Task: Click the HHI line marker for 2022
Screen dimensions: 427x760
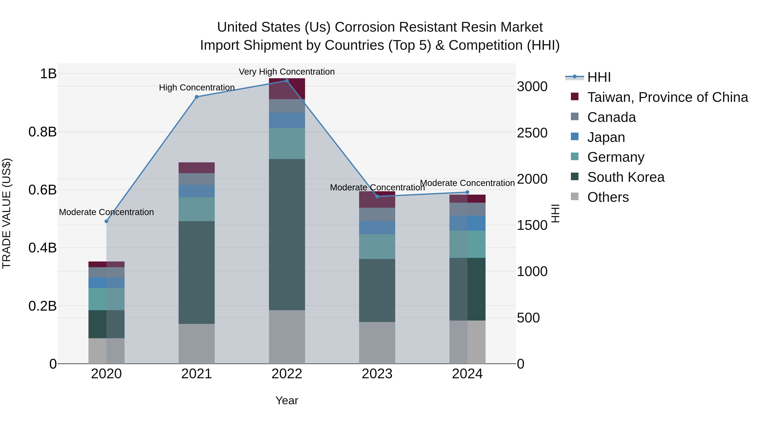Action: click(x=286, y=81)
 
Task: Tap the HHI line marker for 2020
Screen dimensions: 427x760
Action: click(x=107, y=221)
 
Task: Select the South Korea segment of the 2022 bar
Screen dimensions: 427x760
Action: click(x=287, y=234)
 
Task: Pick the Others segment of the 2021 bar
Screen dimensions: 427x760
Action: click(x=197, y=344)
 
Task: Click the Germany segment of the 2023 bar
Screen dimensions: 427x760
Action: click(x=377, y=247)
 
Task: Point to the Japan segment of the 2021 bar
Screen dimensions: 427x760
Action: click(x=197, y=191)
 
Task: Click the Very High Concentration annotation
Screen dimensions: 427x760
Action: click(x=286, y=72)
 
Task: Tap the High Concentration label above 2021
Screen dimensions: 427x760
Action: click(x=197, y=88)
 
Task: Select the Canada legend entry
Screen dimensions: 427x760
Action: click(x=611, y=117)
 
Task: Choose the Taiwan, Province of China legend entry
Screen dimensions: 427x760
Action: click(x=667, y=97)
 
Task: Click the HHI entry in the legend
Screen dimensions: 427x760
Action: click(x=599, y=77)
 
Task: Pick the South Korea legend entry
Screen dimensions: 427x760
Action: click(x=626, y=177)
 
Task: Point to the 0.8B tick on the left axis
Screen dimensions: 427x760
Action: click(x=42, y=132)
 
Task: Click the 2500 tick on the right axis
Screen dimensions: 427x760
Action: click(x=532, y=133)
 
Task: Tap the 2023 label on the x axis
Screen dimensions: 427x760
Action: click(x=377, y=374)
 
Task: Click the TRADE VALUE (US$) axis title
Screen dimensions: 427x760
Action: click(x=7, y=213)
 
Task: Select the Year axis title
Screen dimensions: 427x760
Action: click(x=286, y=400)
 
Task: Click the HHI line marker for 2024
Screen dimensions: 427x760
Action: click(x=467, y=192)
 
